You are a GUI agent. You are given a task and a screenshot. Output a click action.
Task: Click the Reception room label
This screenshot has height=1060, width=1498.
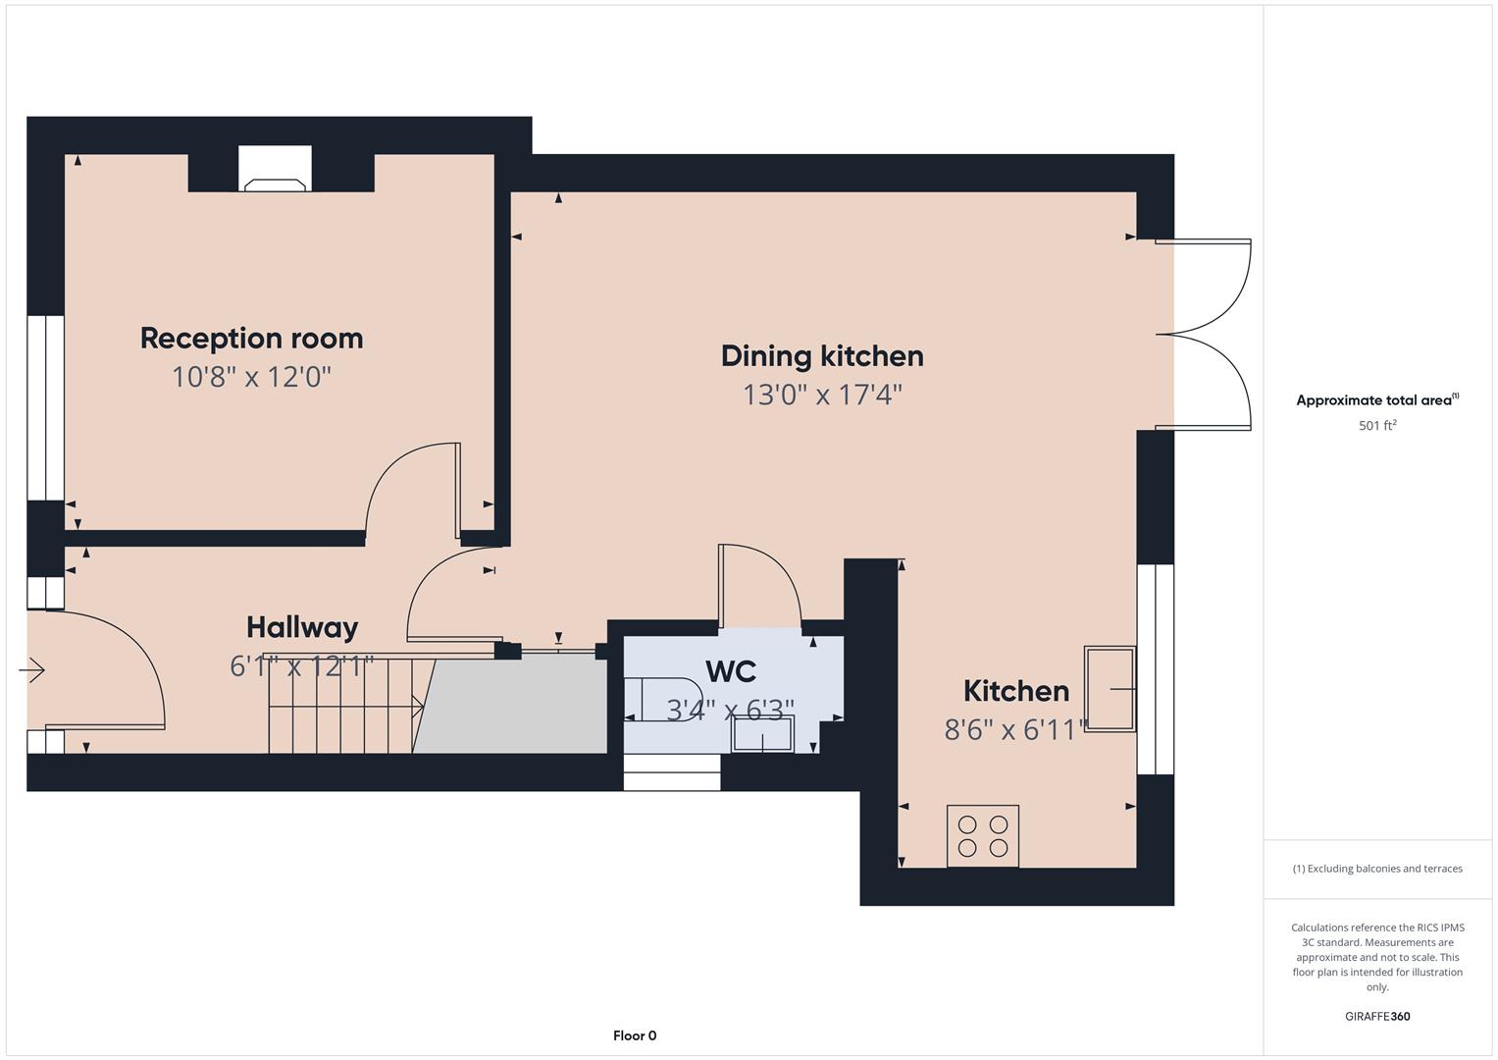[251, 338]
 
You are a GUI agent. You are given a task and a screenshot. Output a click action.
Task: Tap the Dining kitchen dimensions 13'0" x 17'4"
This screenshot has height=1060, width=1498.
[822, 395]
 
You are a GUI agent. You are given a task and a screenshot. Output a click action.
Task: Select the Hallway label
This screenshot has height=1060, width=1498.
[302, 627]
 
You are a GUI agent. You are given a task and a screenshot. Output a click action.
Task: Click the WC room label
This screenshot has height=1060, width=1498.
[731, 672]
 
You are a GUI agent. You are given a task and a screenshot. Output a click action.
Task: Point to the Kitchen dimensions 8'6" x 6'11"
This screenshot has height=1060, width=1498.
[1016, 729]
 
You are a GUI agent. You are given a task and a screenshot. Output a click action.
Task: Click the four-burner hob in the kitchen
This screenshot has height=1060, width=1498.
[983, 836]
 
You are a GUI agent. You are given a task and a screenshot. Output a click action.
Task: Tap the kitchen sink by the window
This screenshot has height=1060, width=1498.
[1110, 689]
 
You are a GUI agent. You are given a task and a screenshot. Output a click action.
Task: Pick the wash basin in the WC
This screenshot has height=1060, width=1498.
[763, 735]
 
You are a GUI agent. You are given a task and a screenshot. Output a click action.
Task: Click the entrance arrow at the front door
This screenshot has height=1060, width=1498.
[32, 671]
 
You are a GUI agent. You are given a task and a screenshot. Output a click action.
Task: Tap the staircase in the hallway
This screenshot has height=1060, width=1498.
[343, 706]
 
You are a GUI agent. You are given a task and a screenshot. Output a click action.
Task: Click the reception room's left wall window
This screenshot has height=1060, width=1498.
[45, 407]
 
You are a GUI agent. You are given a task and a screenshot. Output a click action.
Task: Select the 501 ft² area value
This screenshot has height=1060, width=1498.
[1377, 426]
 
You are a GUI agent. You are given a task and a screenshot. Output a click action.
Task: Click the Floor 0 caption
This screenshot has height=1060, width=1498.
[635, 1035]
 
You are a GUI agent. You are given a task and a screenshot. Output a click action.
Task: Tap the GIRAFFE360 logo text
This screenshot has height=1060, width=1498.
[1377, 1016]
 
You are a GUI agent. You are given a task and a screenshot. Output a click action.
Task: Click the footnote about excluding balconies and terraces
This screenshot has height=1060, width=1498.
[1377, 869]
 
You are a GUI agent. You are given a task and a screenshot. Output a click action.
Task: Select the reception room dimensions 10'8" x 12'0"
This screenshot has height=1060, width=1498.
[251, 377]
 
